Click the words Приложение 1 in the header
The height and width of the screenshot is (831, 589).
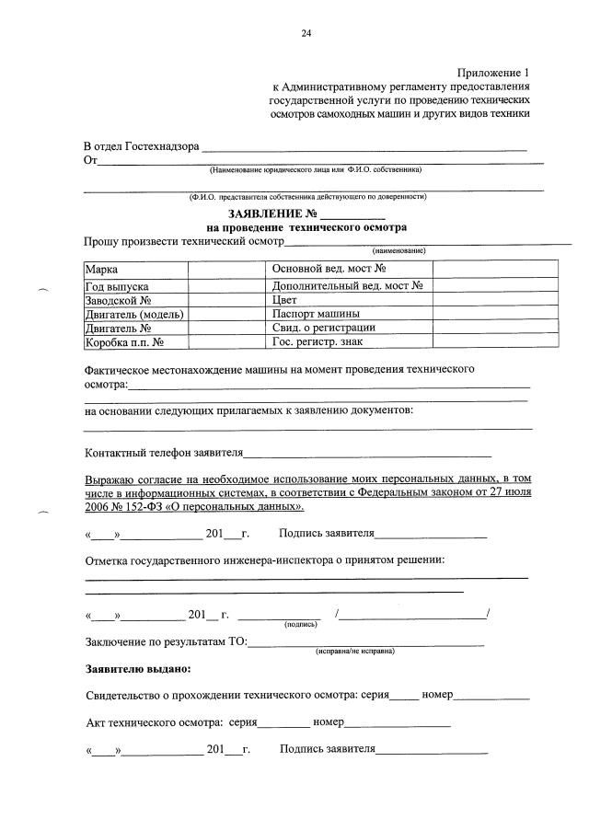tap(493, 72)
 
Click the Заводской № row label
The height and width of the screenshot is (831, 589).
tap(118, 300)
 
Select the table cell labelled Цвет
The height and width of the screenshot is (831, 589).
tap(285, 300)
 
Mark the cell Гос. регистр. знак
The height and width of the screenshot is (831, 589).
tap(318, 342)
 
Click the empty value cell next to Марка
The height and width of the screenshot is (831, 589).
tap(226, 270)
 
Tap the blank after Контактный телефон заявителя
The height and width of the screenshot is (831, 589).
tap(367, 453)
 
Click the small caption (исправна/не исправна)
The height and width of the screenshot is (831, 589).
tap(355, 651)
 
